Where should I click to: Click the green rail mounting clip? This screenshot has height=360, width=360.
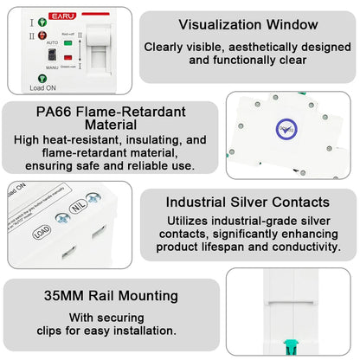click(x=286, y=349)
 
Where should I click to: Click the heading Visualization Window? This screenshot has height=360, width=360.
click(x=247, y=25)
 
